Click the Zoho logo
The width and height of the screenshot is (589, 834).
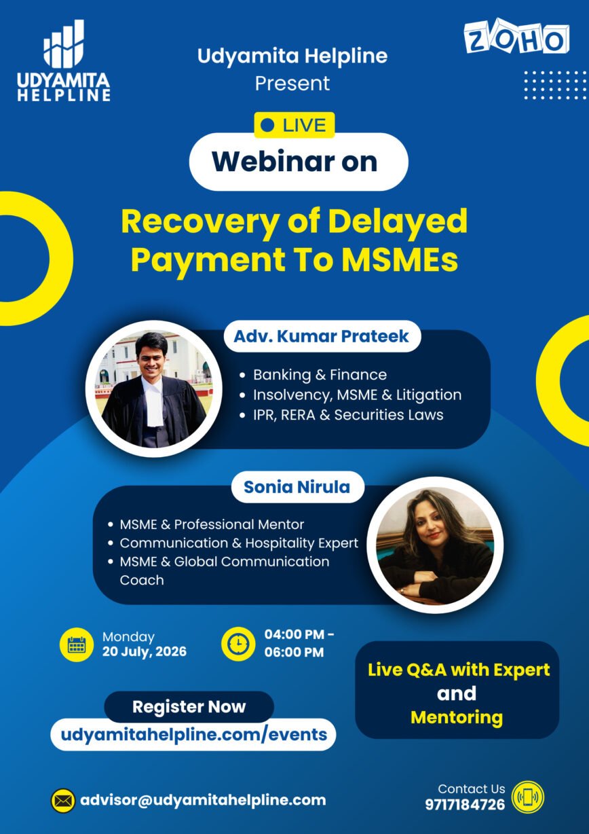517,38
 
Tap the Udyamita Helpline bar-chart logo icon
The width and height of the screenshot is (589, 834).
64,44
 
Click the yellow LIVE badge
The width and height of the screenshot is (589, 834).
294,125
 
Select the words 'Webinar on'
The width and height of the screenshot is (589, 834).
294,162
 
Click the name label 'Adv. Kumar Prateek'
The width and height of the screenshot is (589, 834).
321,336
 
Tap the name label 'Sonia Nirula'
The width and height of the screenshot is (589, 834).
297,487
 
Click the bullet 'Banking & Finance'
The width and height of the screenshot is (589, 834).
320,375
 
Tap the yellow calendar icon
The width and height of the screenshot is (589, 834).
77,645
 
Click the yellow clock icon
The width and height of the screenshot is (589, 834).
238,644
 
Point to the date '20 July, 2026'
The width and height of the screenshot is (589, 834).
145,651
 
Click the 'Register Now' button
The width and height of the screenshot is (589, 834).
189,707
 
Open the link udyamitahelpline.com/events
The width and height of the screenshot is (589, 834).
193,735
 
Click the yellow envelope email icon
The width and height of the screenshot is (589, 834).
63,801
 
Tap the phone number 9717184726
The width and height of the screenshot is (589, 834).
465,805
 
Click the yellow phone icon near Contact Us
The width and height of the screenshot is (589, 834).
528,797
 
